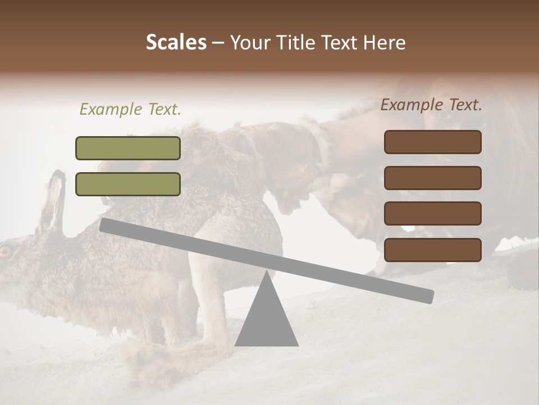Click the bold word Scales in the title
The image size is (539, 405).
(176, 43)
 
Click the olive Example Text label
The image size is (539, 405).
(130, 110)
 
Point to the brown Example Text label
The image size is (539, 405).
(431, 105)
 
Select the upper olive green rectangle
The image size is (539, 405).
(128, 148)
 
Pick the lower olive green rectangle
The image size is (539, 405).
(128, 184)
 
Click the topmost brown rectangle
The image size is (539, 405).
(432, 142)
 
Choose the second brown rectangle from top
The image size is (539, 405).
(432, 178)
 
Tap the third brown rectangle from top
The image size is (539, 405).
(432, 214)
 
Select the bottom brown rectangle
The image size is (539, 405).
(432, 250)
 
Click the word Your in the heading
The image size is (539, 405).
(248, 43)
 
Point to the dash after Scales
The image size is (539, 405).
(218, 43)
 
